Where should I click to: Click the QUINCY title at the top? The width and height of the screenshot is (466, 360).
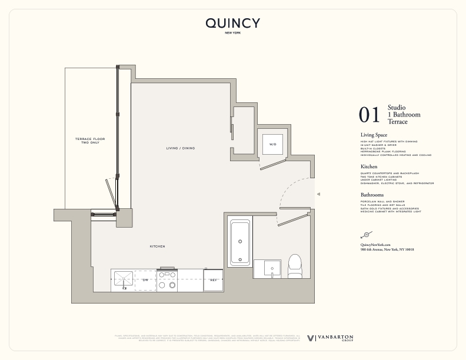[x=232, y=24]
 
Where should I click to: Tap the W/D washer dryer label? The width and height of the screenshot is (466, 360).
[x=272, y=144]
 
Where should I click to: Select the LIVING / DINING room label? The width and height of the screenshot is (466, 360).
[x=180, y=148]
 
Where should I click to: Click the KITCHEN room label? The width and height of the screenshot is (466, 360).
[x=157, y=246]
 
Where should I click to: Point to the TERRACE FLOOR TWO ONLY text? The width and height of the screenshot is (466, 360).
[x=89, y=140]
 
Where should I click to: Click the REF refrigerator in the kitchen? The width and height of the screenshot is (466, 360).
[x=213, y=281]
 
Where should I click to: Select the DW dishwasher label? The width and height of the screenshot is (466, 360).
[x=145, y=281]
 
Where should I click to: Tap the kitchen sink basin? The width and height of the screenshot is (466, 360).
[x=124, y=279]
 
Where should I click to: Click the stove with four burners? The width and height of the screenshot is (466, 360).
[x=167, y=279]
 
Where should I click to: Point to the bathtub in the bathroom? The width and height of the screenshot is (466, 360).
[x=240, y=242]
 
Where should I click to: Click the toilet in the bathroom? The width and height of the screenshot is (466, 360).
[x=294, y=265]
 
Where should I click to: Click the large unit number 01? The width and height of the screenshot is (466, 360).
[x=370, y=115]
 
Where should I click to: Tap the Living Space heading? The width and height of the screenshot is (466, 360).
[x=374, y=135]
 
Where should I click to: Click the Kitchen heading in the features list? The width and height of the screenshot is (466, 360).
[x=369, y=167]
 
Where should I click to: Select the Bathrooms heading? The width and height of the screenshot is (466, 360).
[x=372, y=195]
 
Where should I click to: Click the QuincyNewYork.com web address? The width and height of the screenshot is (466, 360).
[x=375, y=244]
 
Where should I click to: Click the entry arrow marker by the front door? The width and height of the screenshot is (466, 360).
[x=318, y=194]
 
